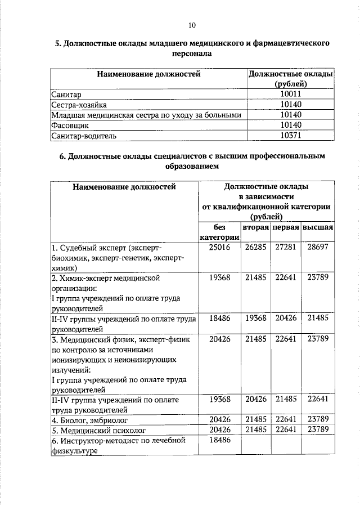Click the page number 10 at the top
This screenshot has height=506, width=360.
(x=191, y=25)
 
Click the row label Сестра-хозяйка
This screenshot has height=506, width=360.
(x=78, y=105)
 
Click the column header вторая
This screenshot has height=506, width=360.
(x=255, y=227)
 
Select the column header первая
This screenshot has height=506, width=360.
(x=285, y=227)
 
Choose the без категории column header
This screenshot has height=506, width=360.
(x=219, y=232)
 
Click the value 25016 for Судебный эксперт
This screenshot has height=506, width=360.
(x=219, y=247)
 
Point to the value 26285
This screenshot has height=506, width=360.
(x=255, y=247)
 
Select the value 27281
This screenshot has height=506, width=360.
(x=285, y=247)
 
